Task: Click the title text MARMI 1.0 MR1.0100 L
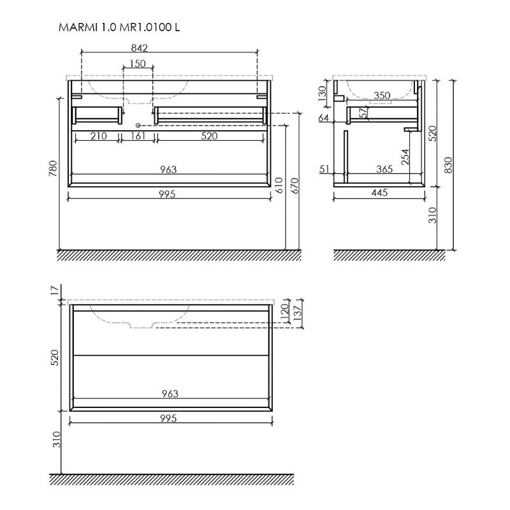click(x=119, y=27)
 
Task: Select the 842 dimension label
click(x=140, y=48)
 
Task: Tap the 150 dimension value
click(x=138, y=64)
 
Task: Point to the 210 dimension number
click(x=99, y=136)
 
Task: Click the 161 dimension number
click(x=138, y=136)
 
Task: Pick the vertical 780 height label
click(x=53, y=168)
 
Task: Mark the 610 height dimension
click(x=279, y=186)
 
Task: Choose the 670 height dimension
click(x=295, y=186)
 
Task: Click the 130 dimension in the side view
click(x=322, y=93)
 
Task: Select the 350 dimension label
click(x=382, y=95)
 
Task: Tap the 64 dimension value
click(x=324, y=118)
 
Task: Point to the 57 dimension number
click(x=364, y=113)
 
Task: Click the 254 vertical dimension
click(x=405, y=157)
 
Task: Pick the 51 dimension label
click(x=324, y=169)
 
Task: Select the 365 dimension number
click(x=384, y=169)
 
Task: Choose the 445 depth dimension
click(x=379, y=193)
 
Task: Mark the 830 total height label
click(x=449, y=165)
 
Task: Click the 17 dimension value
click(x=55, y=290)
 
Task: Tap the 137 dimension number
click(x=298, y=313)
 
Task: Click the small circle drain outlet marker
click(x=138, y=125)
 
